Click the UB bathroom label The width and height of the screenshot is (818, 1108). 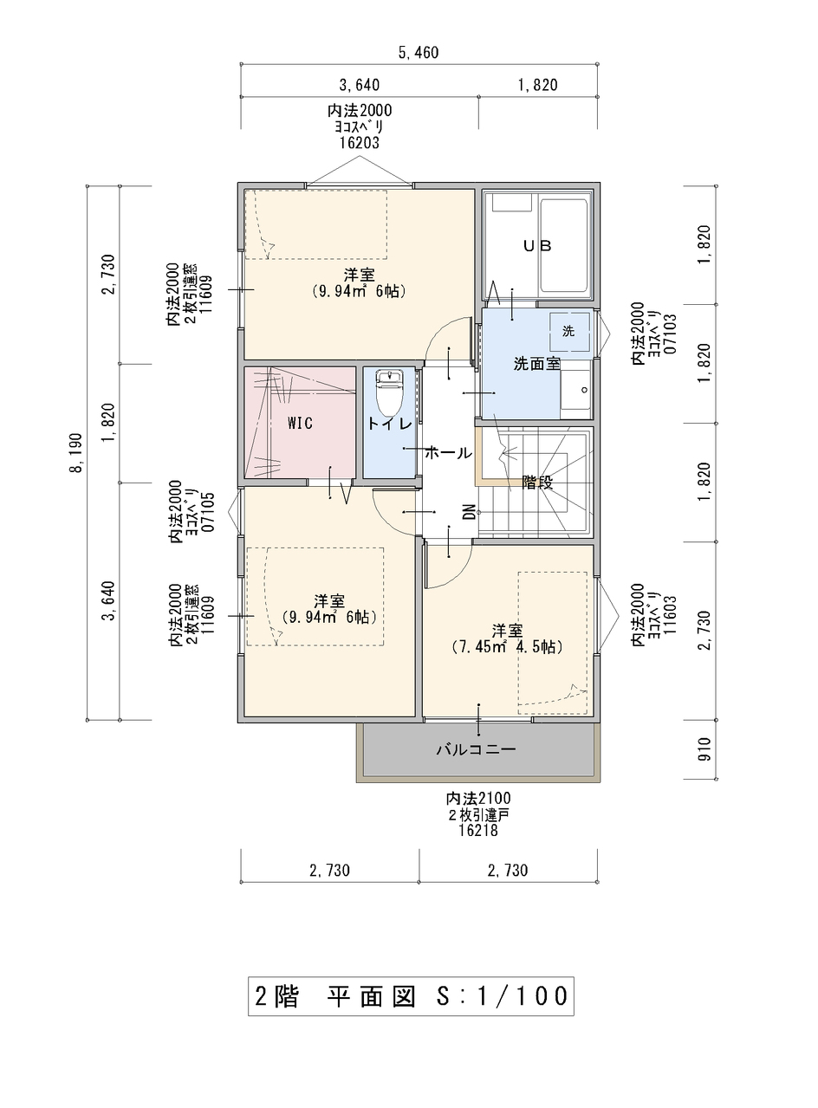tap(537, 246)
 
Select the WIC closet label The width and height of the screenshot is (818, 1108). tap(300, 424)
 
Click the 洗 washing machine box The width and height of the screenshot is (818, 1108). tap(569, 331)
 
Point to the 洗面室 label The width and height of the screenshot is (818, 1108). tap(537, 364)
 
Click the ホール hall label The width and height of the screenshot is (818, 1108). tap(448, 453)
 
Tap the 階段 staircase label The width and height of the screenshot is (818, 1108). tap(537, 483)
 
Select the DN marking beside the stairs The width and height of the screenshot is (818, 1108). tap(469, 512)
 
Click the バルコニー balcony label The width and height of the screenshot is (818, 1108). tap(477, 749)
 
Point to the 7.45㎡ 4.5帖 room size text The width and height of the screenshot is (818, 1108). tap(508, 647)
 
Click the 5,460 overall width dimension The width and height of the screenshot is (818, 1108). tap(419, 53)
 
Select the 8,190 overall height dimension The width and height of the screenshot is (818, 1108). tap(78, 452)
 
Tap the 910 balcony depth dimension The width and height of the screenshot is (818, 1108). tap(704, 749)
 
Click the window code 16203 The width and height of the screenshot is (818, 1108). tap(360, 143)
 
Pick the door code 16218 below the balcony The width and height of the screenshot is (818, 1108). tap(478, 830)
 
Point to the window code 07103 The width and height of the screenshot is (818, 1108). tap(671, 334)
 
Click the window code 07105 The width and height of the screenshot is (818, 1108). tap(208, 513)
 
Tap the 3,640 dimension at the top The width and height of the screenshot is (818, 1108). tap(360, 86)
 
